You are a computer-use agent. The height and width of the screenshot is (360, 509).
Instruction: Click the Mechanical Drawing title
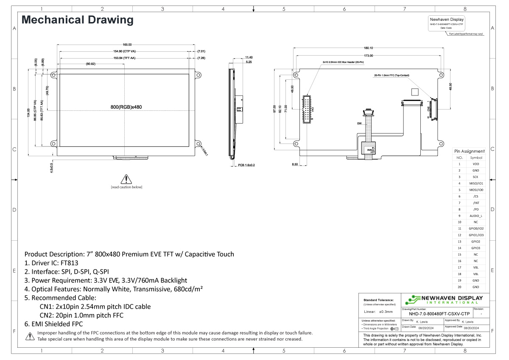click(x=77, y=20)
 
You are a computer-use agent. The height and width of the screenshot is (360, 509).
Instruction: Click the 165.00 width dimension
click(x=127, y=45)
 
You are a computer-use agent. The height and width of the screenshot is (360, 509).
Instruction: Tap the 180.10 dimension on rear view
click(x=368, y=48)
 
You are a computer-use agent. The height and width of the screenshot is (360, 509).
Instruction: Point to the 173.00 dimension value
click(x=368, y=56)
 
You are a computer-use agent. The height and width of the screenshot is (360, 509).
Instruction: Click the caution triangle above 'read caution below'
click(x=126, y=179)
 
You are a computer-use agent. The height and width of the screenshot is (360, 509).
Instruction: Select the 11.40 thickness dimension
click(x=249, y=57)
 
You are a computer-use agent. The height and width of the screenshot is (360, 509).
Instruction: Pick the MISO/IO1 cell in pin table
click(x=475, y=183)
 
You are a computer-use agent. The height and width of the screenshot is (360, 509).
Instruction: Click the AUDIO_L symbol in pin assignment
click(x=475, y=216)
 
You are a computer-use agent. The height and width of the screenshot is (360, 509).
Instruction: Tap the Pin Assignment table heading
click(x=469, y=151)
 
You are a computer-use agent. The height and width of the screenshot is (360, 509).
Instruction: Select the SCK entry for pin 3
click(x=475, y=177)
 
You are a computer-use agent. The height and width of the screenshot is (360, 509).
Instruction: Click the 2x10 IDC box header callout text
click(x=343, y=62)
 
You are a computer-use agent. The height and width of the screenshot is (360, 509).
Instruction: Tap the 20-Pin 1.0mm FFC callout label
click(x=392, y=76)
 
